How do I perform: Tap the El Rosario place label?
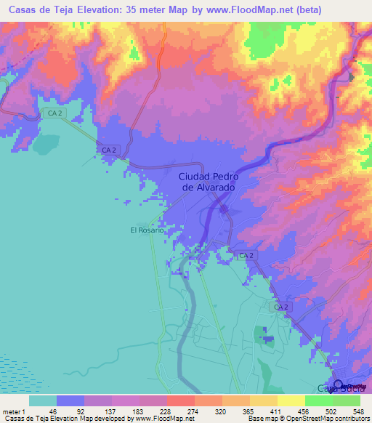click(146, 230)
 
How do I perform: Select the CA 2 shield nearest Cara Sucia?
click(283, 308)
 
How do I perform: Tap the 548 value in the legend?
click(359, 411)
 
